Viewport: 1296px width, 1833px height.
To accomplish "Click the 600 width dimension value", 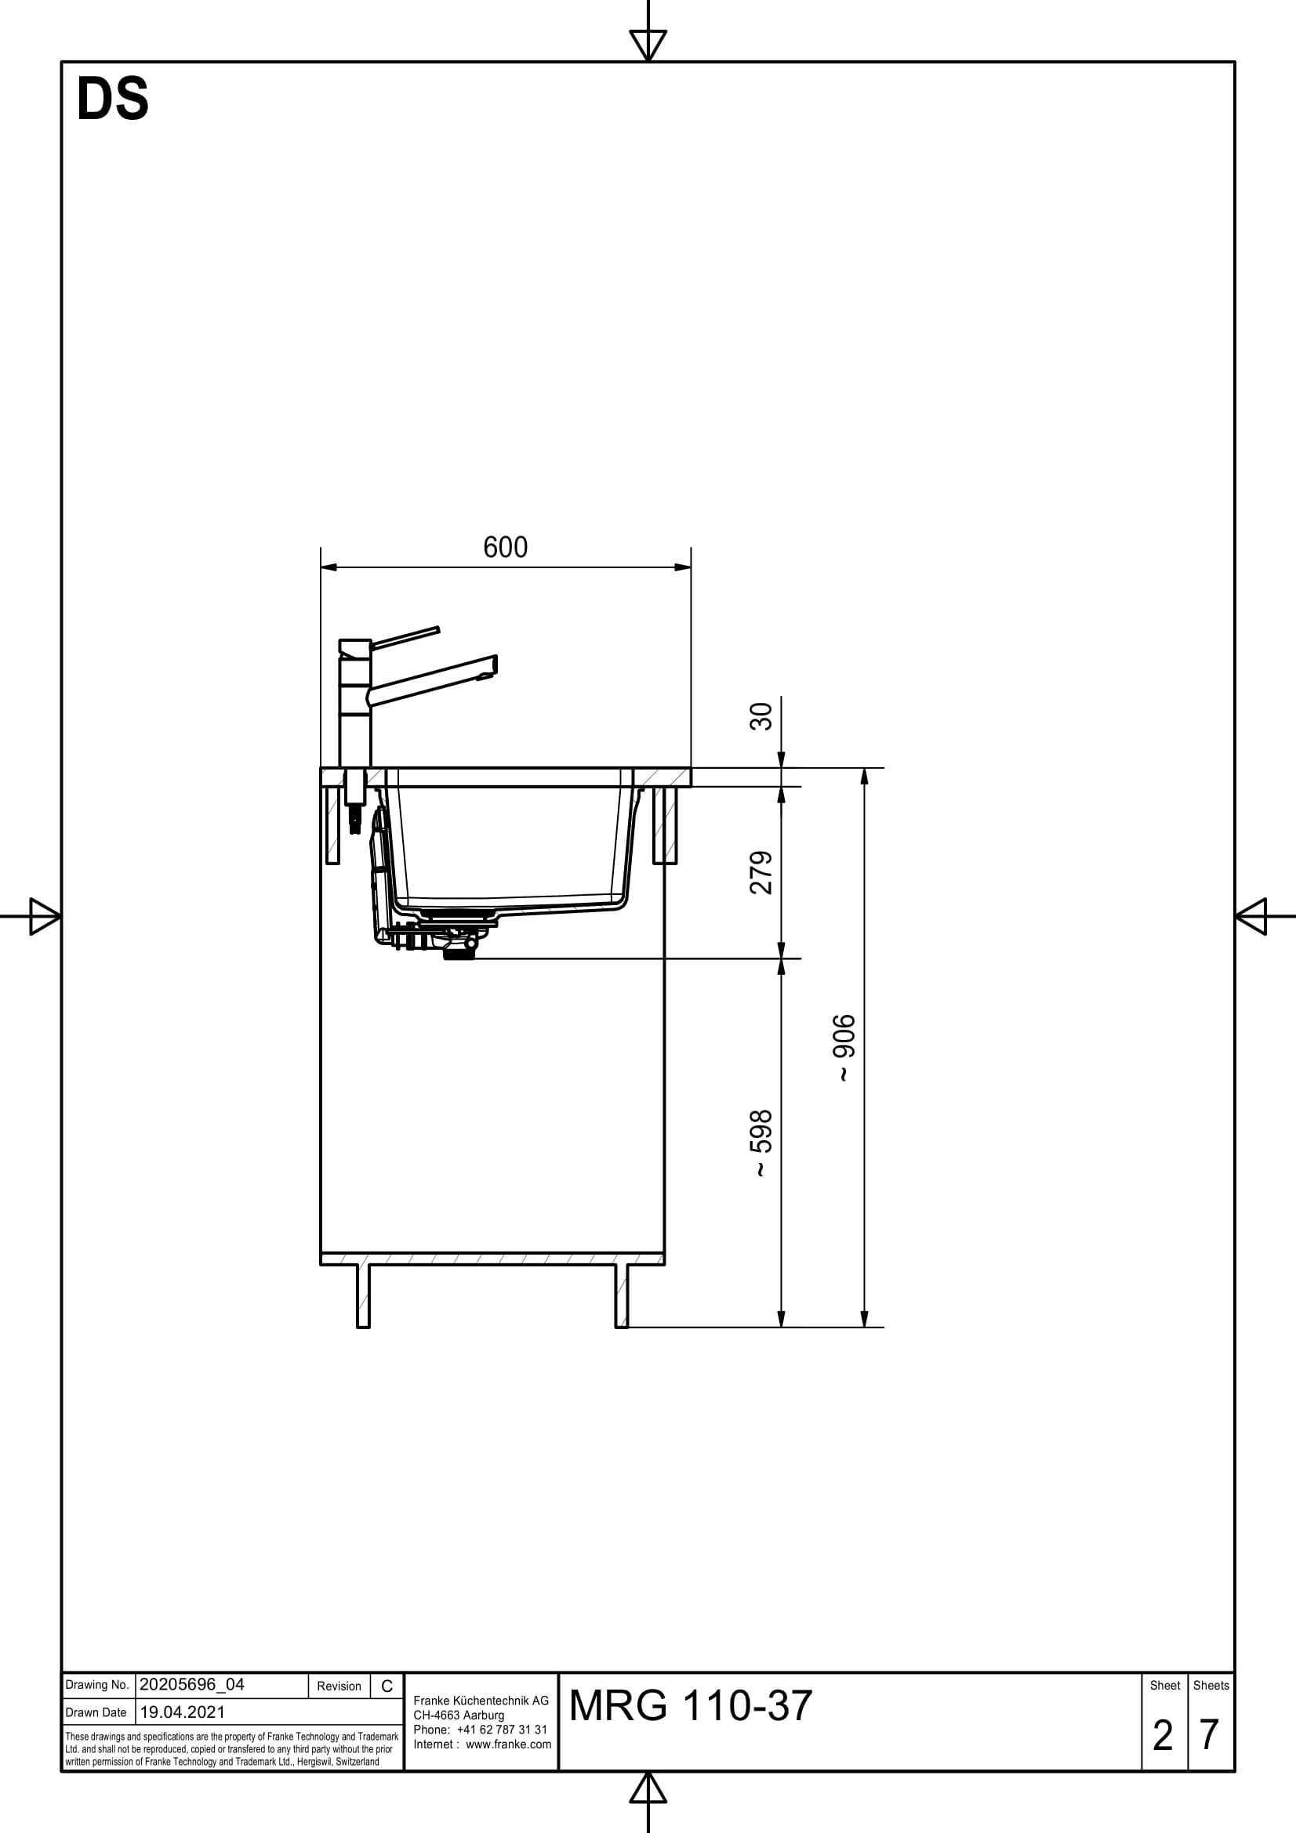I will pos(506,548).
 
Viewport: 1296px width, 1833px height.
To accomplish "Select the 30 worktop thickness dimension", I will pos(762,716).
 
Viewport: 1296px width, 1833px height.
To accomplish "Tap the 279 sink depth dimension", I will pos(762,872).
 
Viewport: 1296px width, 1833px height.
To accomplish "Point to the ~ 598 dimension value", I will pos(762,1143).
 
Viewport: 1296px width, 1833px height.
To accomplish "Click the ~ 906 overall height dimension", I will pos(844,1048).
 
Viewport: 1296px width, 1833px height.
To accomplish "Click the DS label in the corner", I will pos(113,100).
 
